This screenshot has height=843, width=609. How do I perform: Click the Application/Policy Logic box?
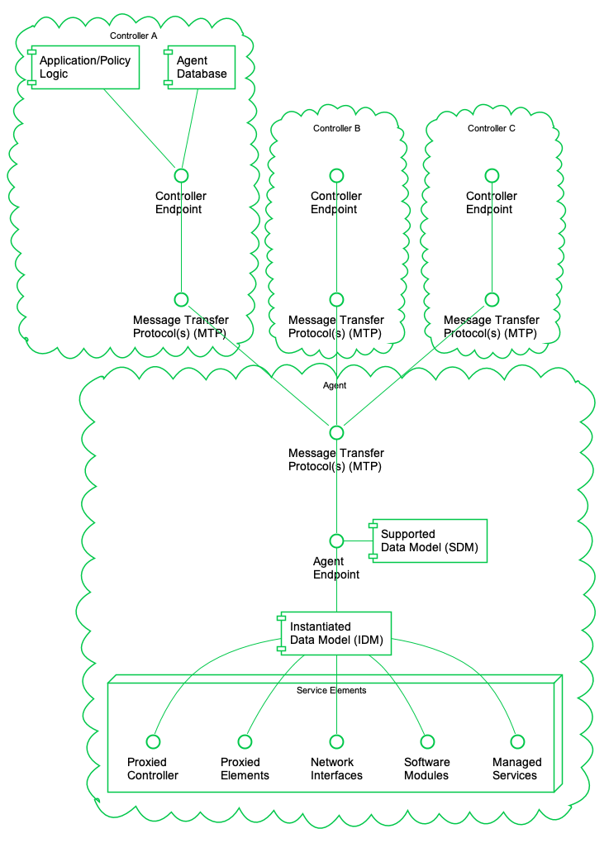[84, 67]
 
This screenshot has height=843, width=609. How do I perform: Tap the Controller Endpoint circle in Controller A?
[181, 175]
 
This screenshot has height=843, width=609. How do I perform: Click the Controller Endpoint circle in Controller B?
[336, 175]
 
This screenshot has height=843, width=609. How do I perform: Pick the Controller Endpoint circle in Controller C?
[492, 175]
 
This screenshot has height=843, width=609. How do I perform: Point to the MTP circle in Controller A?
[181, 299]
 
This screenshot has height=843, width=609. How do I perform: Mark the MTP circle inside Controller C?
[492, 299]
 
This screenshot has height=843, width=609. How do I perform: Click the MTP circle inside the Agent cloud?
[336, 432]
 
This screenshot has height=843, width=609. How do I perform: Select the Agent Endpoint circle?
[336, 541]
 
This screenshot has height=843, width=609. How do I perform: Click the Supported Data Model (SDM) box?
[429, 541]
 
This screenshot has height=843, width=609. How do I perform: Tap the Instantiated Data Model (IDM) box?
[335, 633]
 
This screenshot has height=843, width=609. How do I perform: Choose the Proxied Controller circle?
[152, 741]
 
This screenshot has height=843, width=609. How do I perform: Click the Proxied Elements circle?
[245, 741]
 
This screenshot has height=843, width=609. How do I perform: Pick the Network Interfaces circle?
[336, 741]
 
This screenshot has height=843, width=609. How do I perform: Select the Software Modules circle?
[426, 741]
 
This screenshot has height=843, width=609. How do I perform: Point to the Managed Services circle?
[516, 741]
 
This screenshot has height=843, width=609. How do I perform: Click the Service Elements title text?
[331, 690]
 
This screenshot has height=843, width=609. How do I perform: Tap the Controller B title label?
[336, 128]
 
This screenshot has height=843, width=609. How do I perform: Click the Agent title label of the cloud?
[334, 385]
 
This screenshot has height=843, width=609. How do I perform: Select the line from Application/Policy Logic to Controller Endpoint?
[140, 128]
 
